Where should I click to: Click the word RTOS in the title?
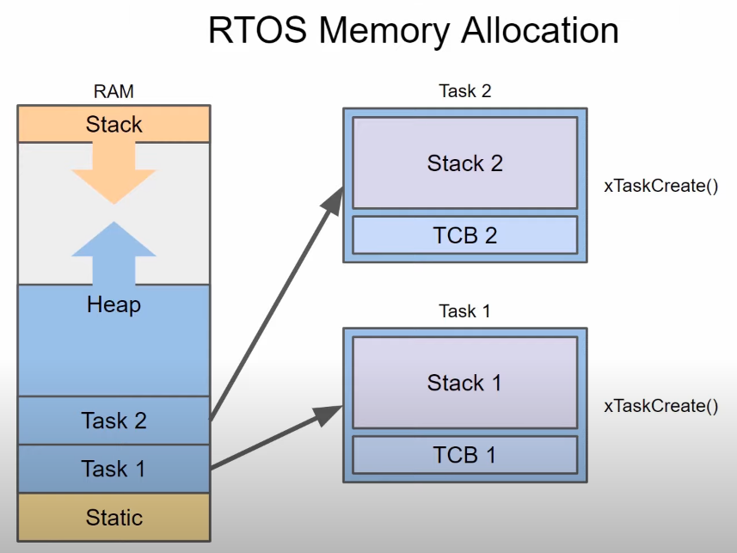tap(257, 31)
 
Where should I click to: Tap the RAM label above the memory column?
tap(114, 91)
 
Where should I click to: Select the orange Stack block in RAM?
tap(114, 124)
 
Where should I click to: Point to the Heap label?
tap(114, 304)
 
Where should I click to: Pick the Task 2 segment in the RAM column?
tap(114, 421)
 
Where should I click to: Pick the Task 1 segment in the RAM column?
tap(114, 469)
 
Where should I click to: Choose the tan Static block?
tap(114, 517)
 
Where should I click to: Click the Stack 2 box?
tap(465, 163)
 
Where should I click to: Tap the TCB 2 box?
tap(465, 235)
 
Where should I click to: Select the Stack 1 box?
tap(465, 383)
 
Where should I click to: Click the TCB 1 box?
tap(465, 455)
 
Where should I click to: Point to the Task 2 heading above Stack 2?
tap(465, 91)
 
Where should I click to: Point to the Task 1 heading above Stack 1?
tap(465, 310)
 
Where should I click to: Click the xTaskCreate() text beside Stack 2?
tap(660, 186)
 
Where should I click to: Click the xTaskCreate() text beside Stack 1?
tap(660, 406)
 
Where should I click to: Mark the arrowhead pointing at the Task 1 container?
tap(328, 415)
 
